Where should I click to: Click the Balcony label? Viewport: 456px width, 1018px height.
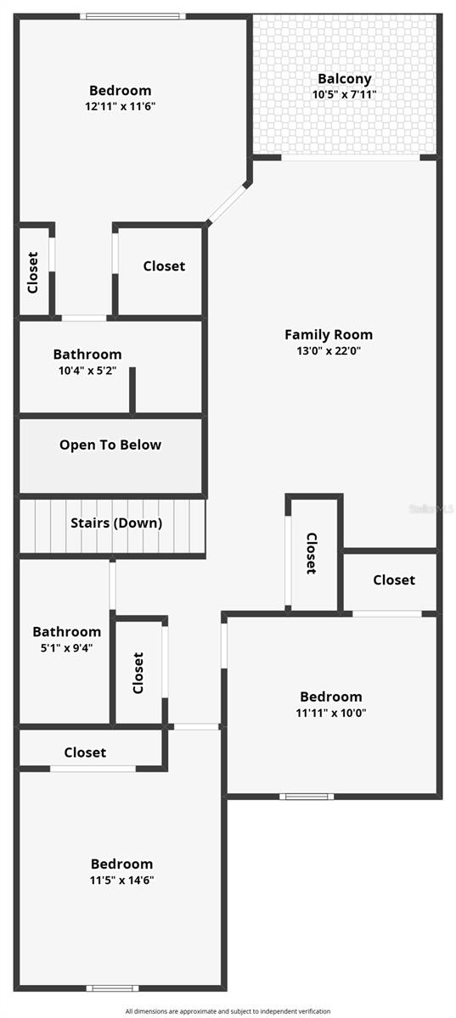click(345, 79)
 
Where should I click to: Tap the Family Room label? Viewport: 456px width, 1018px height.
click(329, 335)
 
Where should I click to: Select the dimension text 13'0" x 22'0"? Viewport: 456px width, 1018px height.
click(329, 350)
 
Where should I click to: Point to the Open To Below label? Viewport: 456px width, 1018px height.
click(110, 445)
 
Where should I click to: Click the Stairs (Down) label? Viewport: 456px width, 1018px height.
click(115, 523)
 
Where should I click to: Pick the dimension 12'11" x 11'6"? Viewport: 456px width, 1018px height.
click(121, 106)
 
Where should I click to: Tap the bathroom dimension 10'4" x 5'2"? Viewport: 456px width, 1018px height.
click(87, 371)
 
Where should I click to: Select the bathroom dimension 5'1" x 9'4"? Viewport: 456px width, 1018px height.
click(66, 647)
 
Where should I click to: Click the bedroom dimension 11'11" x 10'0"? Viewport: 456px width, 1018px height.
click(329, 713)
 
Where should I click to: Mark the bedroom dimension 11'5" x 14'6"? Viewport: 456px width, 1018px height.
click(122, 880)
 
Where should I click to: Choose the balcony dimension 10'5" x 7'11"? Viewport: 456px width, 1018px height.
click(345, 94)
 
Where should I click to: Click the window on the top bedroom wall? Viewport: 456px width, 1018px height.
click(133, 16)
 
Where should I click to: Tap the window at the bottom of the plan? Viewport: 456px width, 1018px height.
click(112, 987)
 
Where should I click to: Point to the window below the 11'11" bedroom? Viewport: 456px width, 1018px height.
click(307, 796)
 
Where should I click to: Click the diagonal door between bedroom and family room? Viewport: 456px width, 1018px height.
click(227, 204)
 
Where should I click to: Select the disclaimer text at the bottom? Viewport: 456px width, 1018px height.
click(228, 1011)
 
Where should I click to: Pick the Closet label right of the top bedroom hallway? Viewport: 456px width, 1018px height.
click(164, 266)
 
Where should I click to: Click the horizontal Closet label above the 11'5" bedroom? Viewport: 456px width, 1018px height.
click(85, 752)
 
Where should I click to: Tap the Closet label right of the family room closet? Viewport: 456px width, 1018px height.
click(394, 580)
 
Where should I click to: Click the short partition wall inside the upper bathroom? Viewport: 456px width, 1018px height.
click(132, 391)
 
